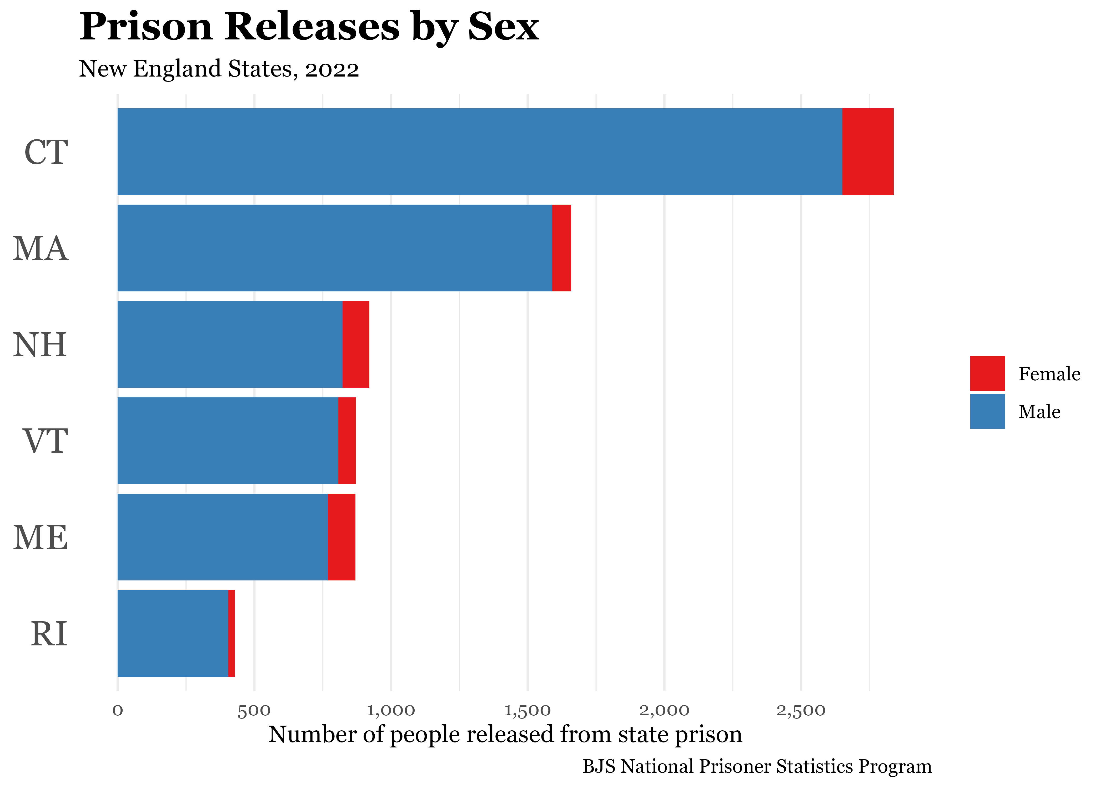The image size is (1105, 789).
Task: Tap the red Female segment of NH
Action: (356, 344)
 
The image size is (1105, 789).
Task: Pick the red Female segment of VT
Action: (347, 440)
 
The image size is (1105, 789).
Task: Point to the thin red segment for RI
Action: (232, 633)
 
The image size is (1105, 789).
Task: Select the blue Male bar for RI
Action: (173, 633)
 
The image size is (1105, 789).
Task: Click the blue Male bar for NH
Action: (230, 344)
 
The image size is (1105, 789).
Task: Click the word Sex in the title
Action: (503, 27)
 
